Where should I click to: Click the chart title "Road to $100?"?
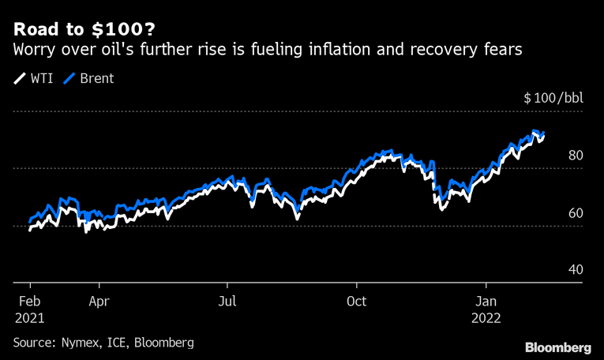83,30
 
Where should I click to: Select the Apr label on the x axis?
99,301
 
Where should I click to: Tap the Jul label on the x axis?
227,301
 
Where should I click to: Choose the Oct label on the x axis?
356,301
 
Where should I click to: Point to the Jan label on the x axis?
486,301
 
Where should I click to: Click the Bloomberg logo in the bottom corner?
558,347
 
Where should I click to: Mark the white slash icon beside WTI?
19,79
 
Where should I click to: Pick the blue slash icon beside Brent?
69,79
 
